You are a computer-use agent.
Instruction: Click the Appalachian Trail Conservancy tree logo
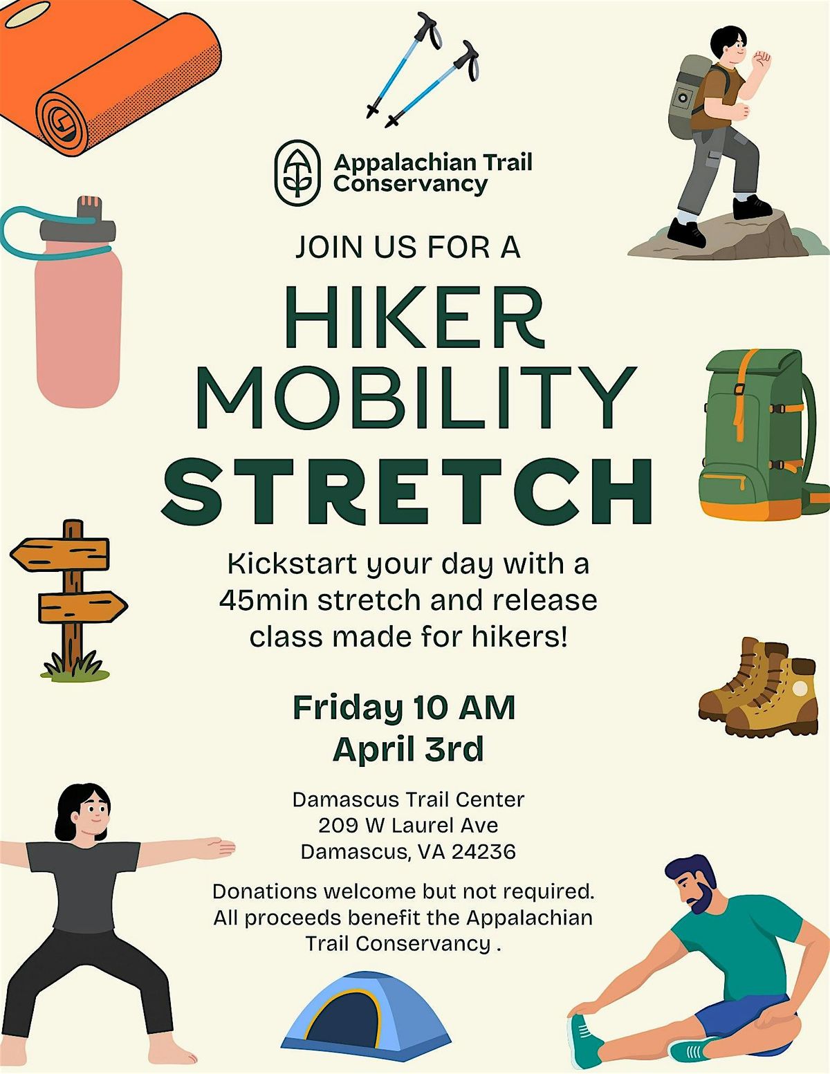(x=297, y=173)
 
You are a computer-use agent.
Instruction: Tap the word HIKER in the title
(x=415, y=317)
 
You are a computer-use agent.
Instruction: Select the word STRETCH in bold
(x=407, y=491)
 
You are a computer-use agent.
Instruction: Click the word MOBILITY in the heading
(x=416, y=398)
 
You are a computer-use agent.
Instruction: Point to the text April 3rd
(x=408, y=749)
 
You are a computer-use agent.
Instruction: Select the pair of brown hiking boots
(x=758, y=687)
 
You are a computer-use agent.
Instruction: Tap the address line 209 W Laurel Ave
(x=408, y=825)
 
